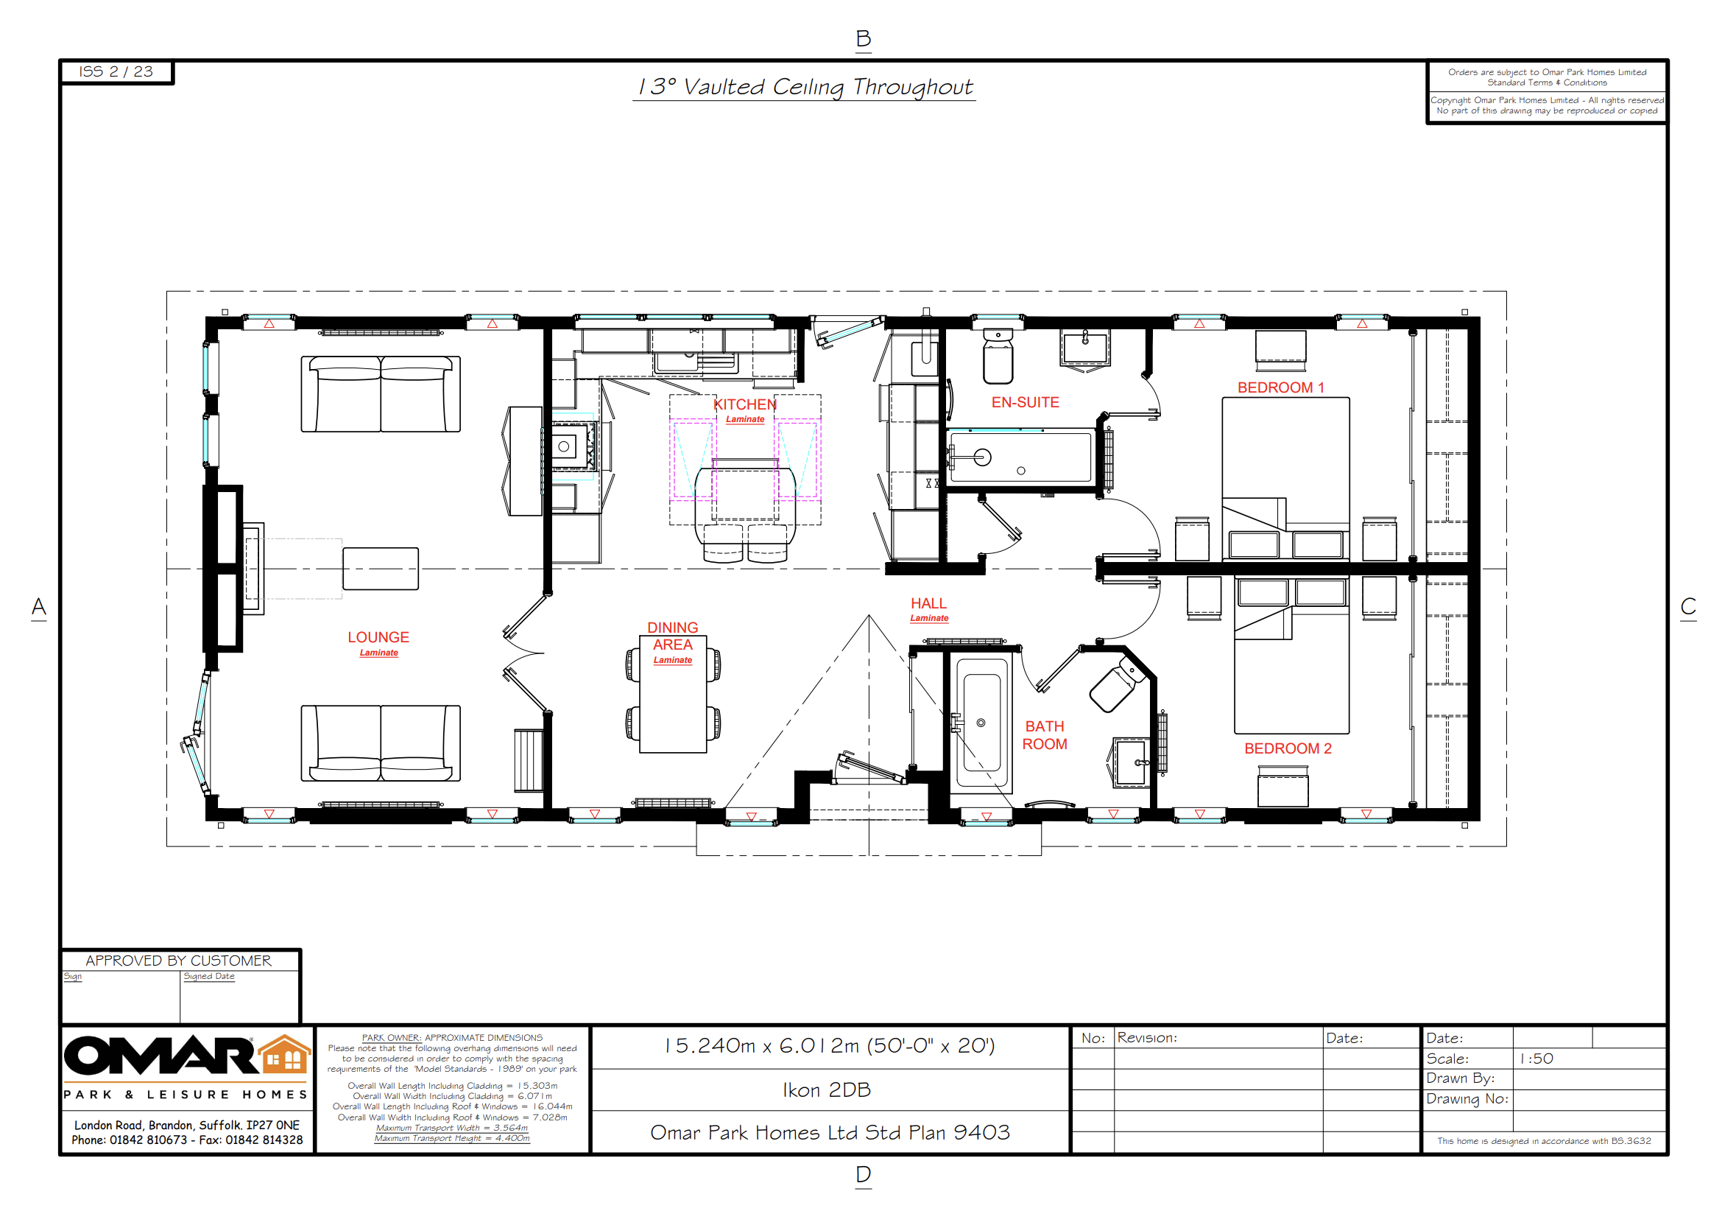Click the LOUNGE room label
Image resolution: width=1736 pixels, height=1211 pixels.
[378, 638]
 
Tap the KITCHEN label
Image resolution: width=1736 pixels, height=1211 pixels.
[745, 404]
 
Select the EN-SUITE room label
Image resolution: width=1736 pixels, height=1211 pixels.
[1026, 402]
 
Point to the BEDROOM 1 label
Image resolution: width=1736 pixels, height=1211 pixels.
[1281, 387]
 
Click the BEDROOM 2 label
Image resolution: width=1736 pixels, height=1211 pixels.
[1288, 748]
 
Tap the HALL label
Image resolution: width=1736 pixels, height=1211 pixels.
[928, 603]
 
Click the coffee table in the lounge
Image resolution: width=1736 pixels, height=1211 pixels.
[381, 568]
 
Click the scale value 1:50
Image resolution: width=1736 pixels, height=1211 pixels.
[1537, 1059]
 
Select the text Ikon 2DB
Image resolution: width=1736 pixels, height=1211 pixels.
[827, 1090]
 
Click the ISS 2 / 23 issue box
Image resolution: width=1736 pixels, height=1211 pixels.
[116, 72]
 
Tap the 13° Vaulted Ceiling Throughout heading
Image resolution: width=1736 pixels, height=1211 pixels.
[805, 87]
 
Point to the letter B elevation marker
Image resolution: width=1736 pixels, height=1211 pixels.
[864, 38]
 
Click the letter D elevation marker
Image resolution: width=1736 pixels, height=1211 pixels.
[864, 1174]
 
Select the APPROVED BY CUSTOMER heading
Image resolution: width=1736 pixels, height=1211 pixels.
[178, 961]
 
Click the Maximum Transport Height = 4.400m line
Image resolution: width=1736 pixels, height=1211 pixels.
[452, 1137]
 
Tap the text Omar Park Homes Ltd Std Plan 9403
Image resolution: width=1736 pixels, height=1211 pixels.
[830, 1132]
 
